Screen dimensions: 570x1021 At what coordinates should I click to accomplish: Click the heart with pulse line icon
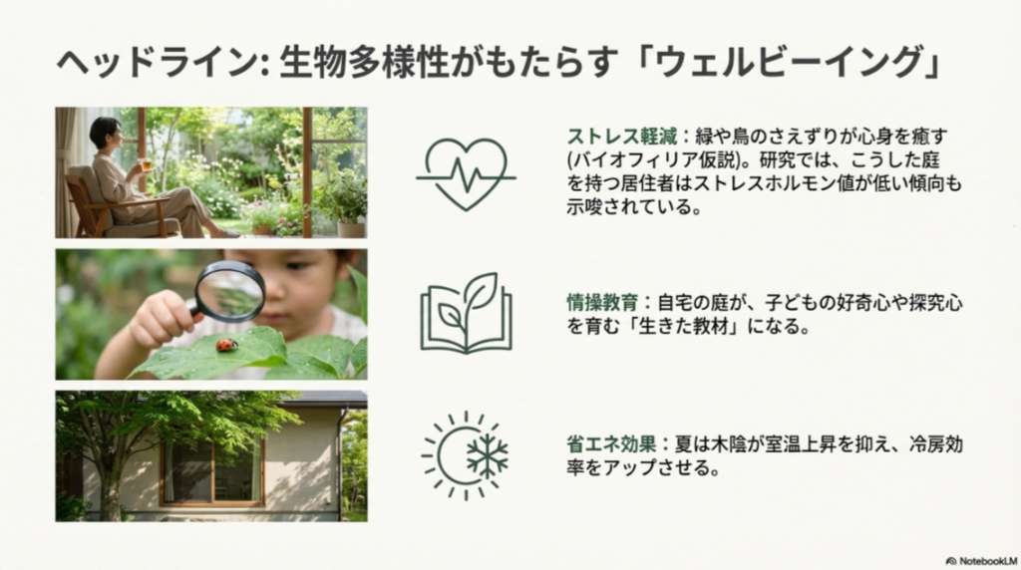[466, 173]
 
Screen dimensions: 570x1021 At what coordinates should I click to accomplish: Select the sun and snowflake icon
[465, 454]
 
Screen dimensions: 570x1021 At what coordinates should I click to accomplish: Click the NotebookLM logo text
[982, 560]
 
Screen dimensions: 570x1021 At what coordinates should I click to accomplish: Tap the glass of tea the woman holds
[146, 164]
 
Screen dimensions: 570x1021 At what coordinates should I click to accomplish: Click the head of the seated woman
[105, 134]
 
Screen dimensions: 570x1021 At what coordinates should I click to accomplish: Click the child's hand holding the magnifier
[160, 318]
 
